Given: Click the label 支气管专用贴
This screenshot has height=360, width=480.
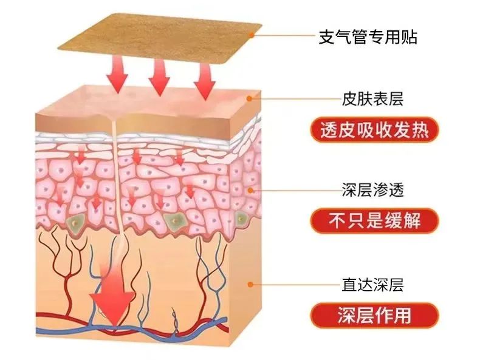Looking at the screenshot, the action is coord(368,36).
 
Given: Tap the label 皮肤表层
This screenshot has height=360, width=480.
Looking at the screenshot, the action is coord(372,98).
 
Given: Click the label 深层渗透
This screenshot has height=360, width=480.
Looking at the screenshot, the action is coord(372,191).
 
